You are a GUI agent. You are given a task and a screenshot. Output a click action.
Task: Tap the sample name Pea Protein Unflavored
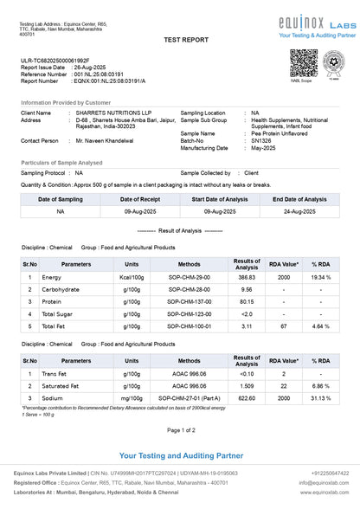point(285,133)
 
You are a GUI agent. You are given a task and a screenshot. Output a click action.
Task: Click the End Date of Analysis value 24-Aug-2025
point(299,210)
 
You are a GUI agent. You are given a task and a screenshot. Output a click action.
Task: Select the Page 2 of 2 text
point(180,429)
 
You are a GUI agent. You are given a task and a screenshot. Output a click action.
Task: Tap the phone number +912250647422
point(330,473)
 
